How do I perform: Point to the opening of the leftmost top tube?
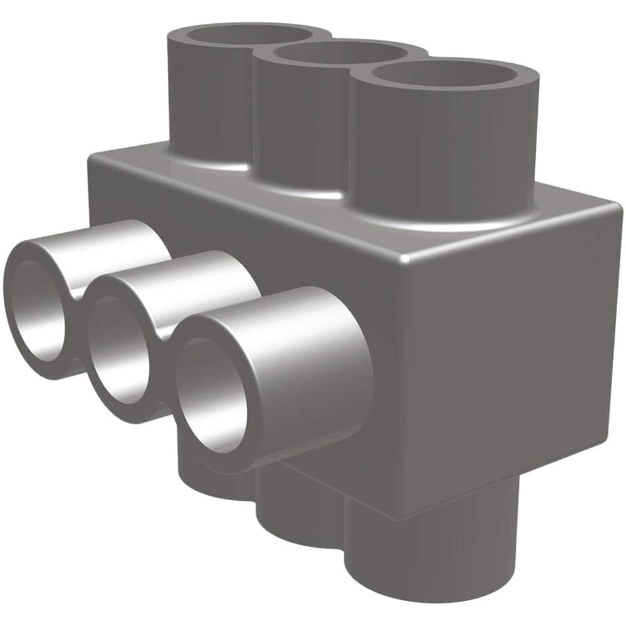pos(248,34)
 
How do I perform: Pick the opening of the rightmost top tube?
pos(444,74)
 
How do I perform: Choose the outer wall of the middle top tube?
pos(300,125)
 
